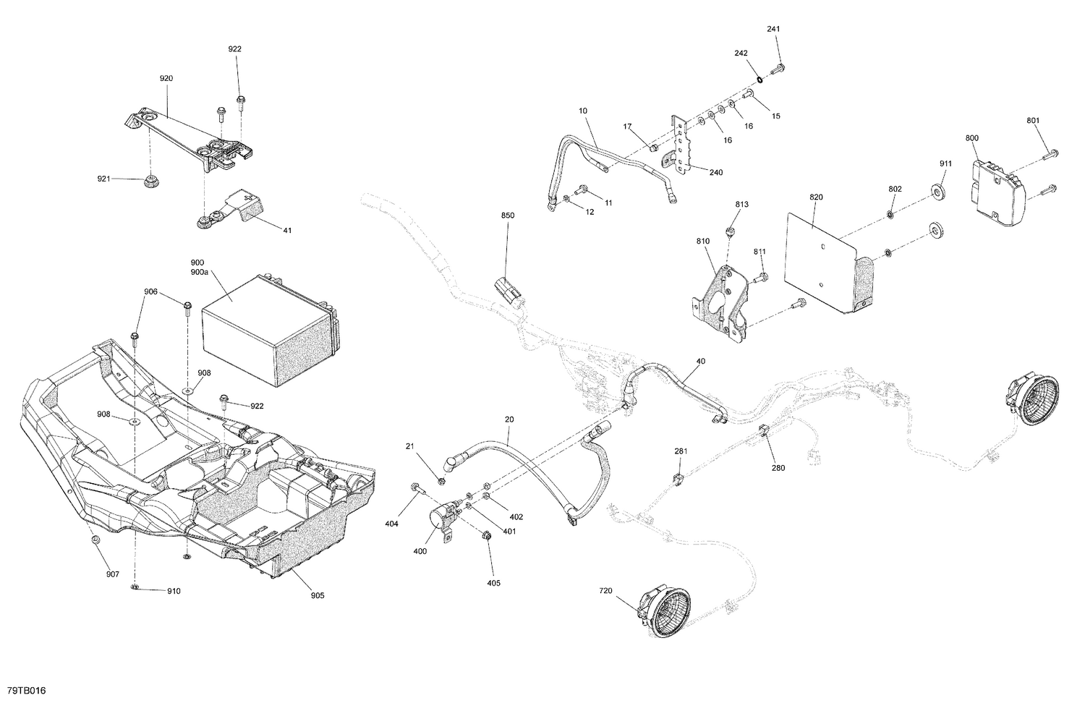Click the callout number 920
166,78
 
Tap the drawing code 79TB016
26,692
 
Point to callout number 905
318,595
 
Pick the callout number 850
507,216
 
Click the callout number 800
971,138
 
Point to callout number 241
774,29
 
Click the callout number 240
696,173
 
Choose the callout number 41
287,231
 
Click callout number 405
493,583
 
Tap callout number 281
681,451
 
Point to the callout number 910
174,591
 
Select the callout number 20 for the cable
509,419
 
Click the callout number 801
1033,120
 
